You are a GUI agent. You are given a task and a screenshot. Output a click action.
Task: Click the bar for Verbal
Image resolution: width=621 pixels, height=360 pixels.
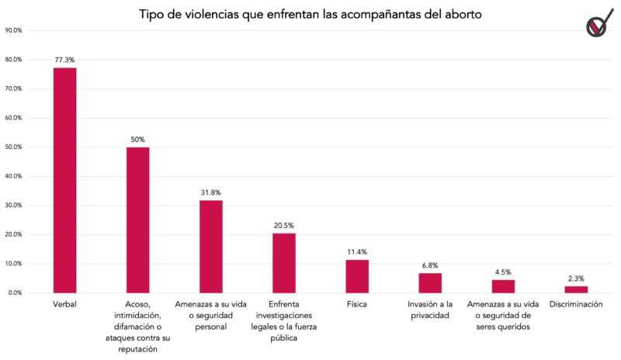point(64,180)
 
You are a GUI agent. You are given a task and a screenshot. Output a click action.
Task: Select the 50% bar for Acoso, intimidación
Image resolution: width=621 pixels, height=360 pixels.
point(137,220)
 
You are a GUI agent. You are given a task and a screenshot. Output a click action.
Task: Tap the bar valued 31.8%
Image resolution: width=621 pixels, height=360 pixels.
point(210,246)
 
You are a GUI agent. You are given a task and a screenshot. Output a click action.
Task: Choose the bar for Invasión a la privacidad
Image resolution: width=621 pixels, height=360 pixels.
point(430,282)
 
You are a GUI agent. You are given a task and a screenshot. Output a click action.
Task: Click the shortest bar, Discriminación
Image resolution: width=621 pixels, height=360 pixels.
point(576,289)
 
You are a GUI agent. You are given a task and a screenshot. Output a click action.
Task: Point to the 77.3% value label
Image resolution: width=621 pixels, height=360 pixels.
point(64,59)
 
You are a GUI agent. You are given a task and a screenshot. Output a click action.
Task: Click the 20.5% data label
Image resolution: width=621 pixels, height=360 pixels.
point(284,225)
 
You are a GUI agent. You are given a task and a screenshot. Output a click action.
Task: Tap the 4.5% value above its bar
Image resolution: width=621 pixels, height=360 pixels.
point(503,272)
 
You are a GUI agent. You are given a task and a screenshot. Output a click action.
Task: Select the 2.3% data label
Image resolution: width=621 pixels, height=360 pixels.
point(576,278)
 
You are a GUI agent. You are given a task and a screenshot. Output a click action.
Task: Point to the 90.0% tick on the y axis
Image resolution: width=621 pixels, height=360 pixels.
point(13,30)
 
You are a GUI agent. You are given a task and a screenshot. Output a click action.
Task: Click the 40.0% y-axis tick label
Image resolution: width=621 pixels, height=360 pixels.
point(13,176)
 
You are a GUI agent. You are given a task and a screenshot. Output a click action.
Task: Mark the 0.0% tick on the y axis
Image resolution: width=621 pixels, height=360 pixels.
point(15,292)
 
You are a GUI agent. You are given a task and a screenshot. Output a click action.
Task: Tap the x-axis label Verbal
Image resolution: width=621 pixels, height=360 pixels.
point(64,306)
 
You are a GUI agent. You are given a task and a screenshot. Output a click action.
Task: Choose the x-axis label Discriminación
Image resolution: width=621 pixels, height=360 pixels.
point(576,306)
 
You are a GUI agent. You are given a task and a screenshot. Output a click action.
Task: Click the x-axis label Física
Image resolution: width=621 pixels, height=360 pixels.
point(357,306)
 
